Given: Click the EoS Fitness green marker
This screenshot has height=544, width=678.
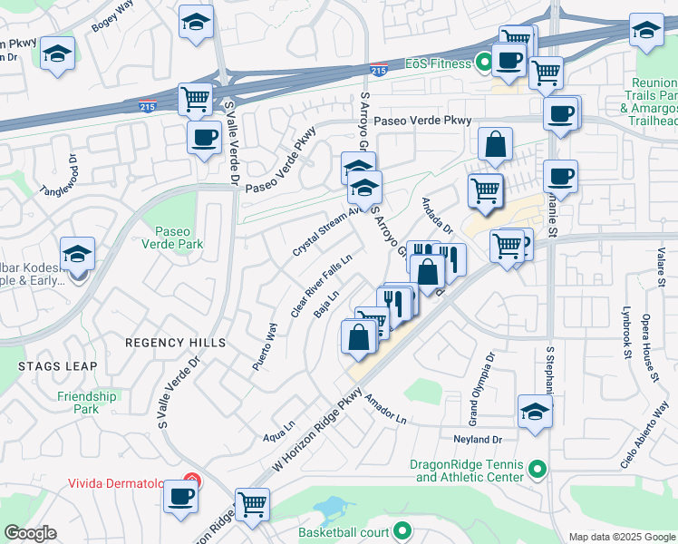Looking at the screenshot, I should pos(484,63).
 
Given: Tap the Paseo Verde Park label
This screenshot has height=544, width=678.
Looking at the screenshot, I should pos(172,238).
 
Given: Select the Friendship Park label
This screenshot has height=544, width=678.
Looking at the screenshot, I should pos(87,403).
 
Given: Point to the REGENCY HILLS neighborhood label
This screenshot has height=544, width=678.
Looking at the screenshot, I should pos(175,343).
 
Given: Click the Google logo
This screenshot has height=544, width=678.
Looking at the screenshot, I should pos(30,533).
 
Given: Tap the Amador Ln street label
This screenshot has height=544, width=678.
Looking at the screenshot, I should pos(386,408).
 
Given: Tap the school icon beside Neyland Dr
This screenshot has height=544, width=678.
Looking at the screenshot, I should pos(536,411).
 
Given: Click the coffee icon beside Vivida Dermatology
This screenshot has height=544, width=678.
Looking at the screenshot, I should pos(182,497).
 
